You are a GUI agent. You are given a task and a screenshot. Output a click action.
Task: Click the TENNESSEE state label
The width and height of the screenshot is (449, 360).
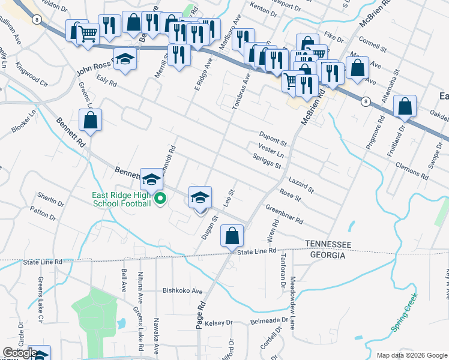[x=328, y=244]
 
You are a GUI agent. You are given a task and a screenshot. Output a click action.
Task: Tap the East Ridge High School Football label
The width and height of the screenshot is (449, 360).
[x=121, y=199]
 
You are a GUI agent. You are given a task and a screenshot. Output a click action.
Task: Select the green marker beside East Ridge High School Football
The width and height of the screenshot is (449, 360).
[x=160, y=199]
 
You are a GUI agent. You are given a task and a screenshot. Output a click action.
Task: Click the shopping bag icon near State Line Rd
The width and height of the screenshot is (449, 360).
[x=232, y=236]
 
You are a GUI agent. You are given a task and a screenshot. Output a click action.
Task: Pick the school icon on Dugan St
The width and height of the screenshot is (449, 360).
[x=200, y=197]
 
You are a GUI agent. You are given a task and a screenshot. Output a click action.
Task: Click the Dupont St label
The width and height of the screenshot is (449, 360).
[x=273, y=137]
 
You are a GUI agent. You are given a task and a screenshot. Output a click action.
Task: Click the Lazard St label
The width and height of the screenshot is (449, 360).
[x=301, y=184]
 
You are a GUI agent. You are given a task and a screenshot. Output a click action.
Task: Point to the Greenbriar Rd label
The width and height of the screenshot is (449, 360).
[x=284, y=214]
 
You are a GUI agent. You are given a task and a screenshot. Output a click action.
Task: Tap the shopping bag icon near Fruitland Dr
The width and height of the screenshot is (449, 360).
[x=405, y=107]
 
